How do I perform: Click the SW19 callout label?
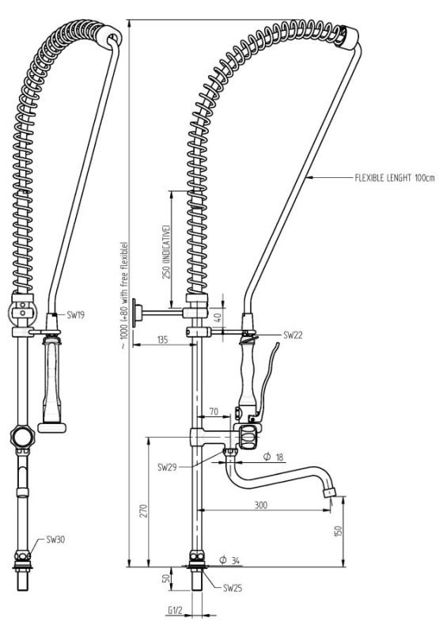(x=75, y=315)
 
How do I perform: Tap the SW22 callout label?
(x=293, y=335)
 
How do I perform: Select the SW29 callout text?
(x=167, y=468)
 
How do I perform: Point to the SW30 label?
(x=55, y=540)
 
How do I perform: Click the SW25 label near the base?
(x=233, y=588)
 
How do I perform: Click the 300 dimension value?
(x=261, y=505)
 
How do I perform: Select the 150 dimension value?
(x=339, y=531)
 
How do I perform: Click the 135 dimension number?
(x=162, y=339)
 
